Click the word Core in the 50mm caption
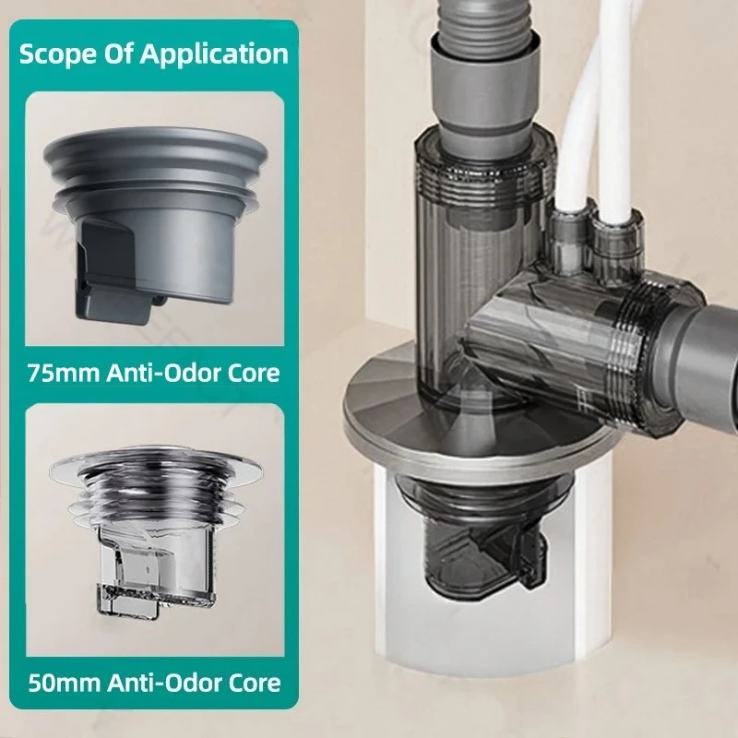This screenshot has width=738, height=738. tap(250, 684)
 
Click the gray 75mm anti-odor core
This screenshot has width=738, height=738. tap(157, 221)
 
